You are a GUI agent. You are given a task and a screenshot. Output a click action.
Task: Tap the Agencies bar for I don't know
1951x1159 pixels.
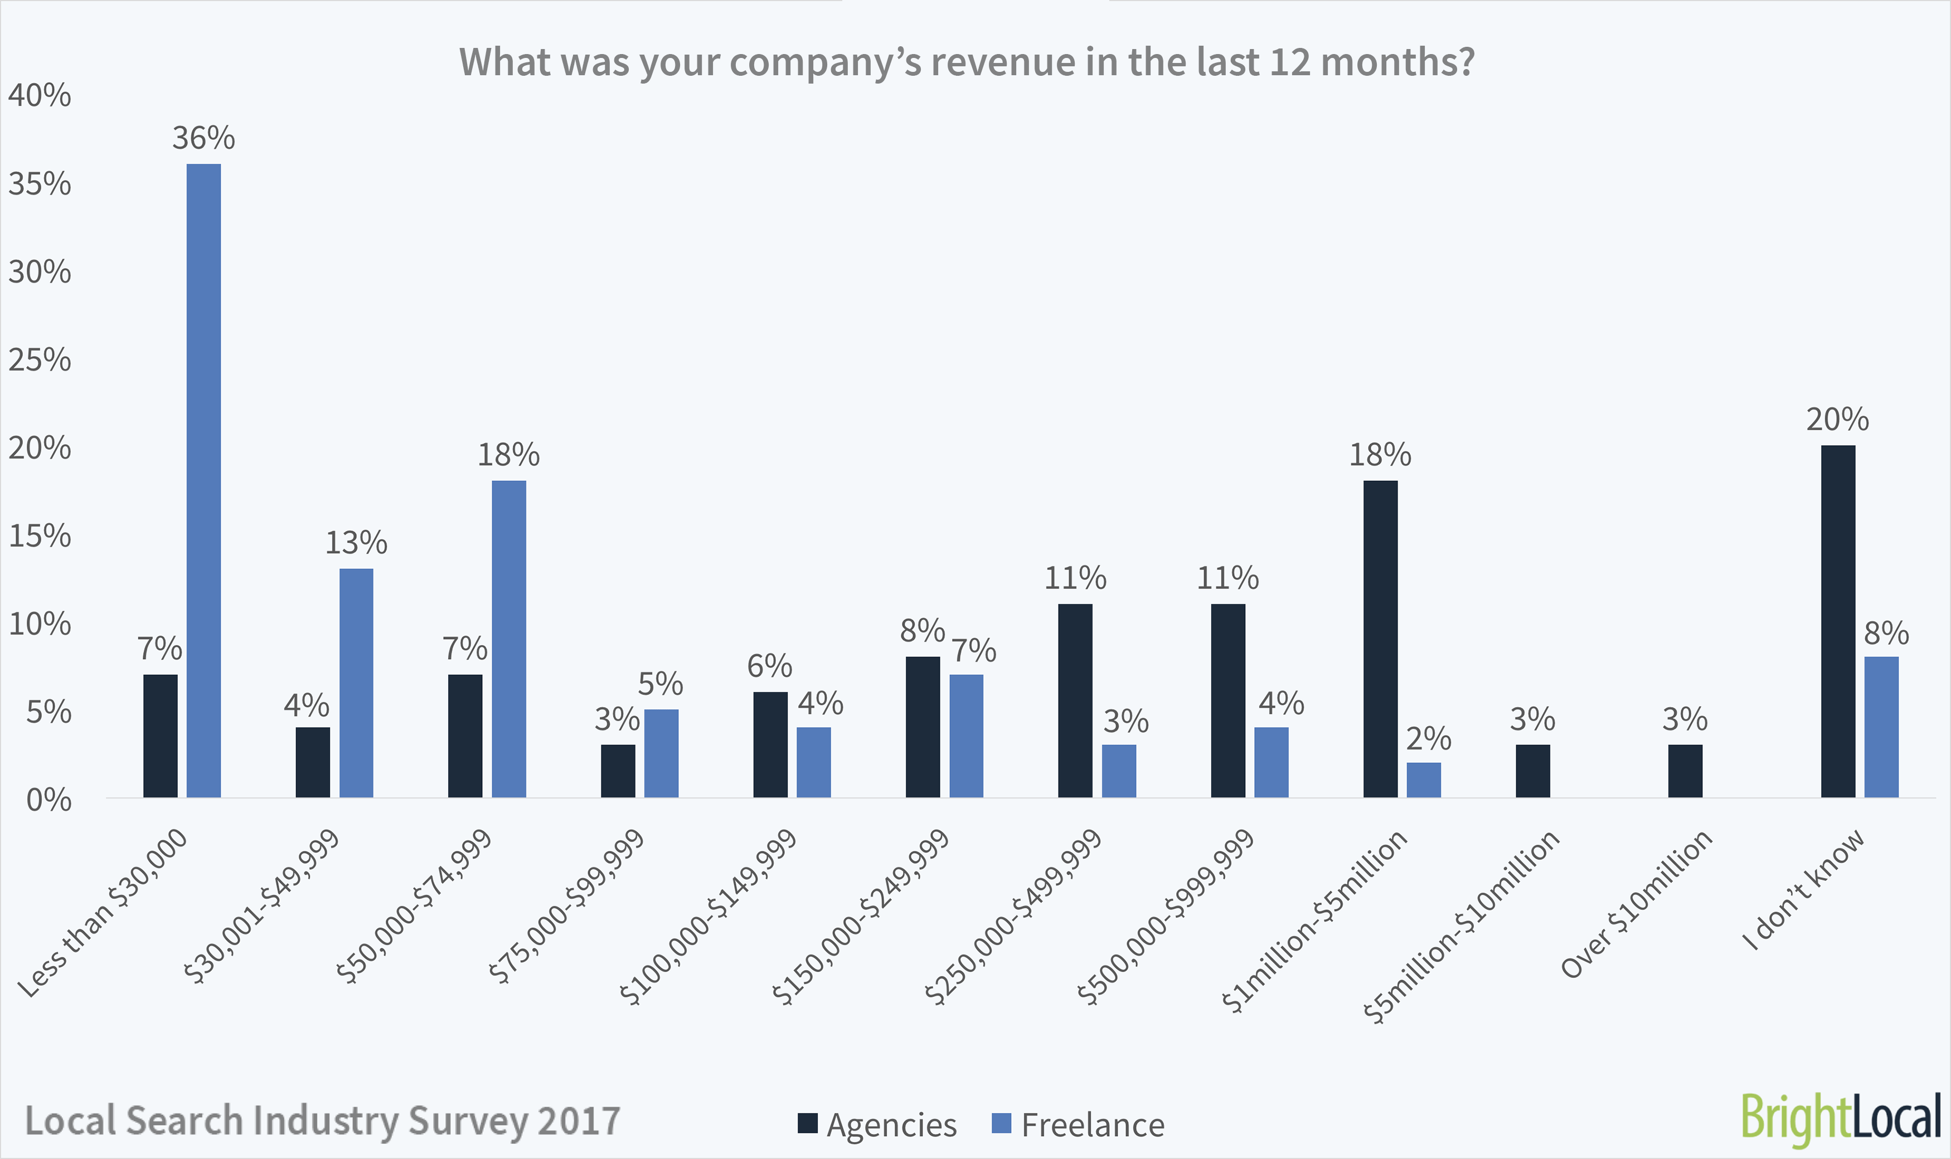pyautogui.click(x=1838, y=621)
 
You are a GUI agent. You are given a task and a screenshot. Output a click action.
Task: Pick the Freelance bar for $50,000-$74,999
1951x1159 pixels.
pyautogui.click(x=508, y=639)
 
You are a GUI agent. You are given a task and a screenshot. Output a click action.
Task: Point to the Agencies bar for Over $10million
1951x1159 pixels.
pyautogui.click(x=1685, y=771)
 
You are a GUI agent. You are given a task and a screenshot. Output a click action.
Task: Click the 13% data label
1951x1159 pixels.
pyautogui.click(x=356, y=543)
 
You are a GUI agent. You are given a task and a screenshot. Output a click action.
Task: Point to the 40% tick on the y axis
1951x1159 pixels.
pyautogui.click(x=39, y=95)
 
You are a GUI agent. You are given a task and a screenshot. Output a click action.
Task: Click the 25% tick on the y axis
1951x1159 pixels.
pyautogui.click(x=39, y=360)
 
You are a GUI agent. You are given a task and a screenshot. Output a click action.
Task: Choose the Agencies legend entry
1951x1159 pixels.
pyautogui.click(x=877, y=1124)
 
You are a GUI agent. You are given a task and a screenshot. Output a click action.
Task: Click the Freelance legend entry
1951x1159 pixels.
pyautogui.click(x=1078, y=1124)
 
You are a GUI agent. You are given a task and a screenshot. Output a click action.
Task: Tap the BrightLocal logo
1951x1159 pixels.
pyautogui.click(x=1841, y=1118)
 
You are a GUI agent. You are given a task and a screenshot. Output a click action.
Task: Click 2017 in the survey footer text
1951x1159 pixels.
pyautogui.click(x=578, y=1121)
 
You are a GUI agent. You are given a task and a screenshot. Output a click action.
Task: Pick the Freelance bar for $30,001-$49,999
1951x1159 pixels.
pyautogui.click(x=356, y=683)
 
